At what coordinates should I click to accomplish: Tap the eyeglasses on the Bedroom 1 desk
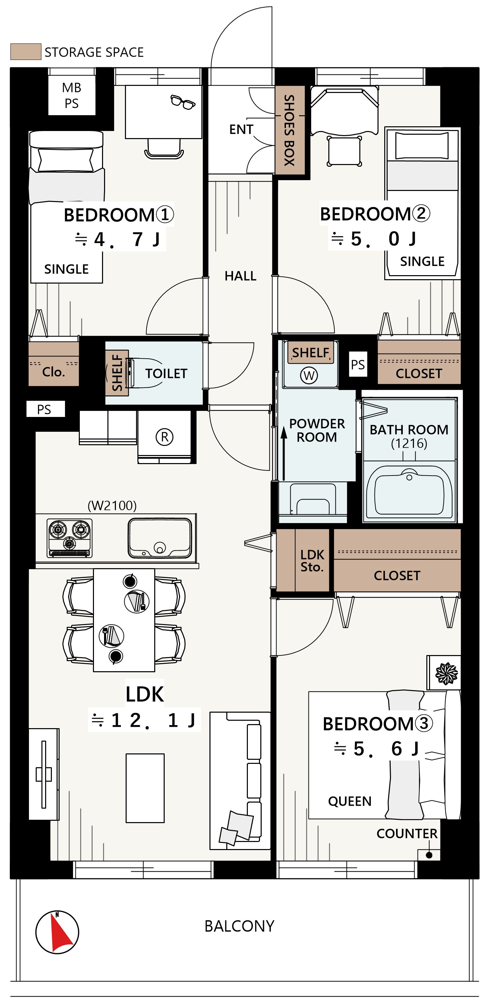(x=183, y=102)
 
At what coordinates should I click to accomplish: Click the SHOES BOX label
(x=289, y=130)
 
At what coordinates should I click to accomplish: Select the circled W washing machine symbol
(x=309, y=376)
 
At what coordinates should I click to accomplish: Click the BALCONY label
(x=239, y=926)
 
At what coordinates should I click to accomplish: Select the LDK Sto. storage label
(x=312, y=561)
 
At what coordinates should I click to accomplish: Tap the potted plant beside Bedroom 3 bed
(x=447, y=673)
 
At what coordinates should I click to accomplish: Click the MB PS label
(x=71, y=95)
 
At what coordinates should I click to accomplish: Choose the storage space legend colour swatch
(x=26, y=52)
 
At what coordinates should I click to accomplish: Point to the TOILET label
(x=166, y=374)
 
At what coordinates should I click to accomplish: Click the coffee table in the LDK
(x=145, y=788)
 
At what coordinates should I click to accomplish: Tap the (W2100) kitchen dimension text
(x=112, y=506)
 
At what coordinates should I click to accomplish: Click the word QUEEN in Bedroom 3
(x=350, y=801)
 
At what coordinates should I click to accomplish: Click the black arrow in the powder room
(x=284, y=453)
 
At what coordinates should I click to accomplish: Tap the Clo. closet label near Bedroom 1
(x=54, y=372)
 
